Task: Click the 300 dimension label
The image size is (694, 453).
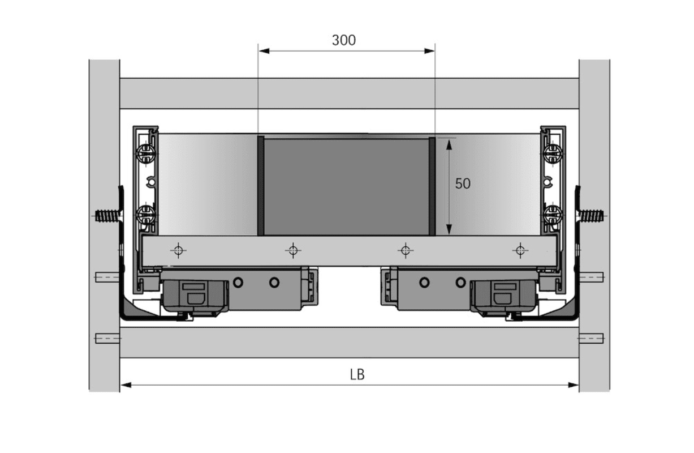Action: click(343, 40)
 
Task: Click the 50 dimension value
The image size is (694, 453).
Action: click(463, 183)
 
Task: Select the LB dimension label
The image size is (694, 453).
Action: click(357, 375)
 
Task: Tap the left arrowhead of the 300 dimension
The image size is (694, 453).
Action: click(264, 51)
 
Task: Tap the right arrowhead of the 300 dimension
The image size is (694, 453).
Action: click(429, 51)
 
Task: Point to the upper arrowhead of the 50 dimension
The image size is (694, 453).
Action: click(449, 144)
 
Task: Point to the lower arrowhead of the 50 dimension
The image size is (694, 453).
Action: click(449, 229)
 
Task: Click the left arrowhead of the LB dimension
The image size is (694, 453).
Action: click(126, 386)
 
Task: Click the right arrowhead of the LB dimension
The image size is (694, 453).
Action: click(573, 386)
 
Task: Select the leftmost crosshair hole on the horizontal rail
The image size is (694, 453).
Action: click(178, 250)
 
